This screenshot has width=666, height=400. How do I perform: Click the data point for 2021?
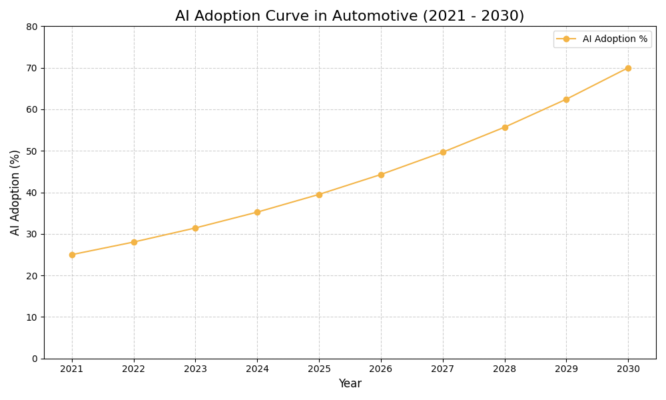(72, 255)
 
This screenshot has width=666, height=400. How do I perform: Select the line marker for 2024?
(257, 212)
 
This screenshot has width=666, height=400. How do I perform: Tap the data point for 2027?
(443, 152)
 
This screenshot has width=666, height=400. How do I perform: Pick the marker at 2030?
(628, 68)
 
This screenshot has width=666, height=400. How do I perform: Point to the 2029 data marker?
(566, 99)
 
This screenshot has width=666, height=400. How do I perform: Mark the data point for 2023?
(195, 228)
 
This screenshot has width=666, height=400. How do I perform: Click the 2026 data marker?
(381, 175)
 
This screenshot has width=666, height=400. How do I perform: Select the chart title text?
(350, 16)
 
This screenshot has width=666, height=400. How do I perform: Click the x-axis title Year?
(350, 384)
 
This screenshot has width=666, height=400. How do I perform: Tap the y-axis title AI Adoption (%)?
(15, 192)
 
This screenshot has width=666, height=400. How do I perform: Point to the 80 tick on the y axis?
(32, 27)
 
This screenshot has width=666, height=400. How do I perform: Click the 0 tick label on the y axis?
(35, 359)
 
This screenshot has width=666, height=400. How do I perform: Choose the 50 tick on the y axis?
(32, 151)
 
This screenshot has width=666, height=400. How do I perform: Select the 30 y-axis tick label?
(32, 234)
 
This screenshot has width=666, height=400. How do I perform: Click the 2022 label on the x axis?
(134, 369)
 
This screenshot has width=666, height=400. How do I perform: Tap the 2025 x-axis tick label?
(319, 369)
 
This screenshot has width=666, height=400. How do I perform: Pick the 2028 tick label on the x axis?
(505, 369)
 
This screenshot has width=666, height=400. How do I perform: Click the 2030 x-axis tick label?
(628, 369)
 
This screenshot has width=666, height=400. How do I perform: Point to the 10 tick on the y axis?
(32, 317)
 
